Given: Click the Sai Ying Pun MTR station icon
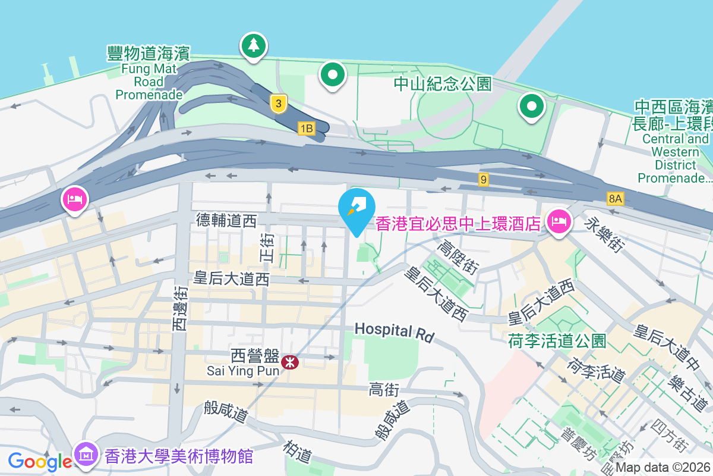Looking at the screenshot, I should pyautogui.click(x=290, y=362).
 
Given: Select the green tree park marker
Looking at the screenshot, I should pyautogui.click(x=254, y=45).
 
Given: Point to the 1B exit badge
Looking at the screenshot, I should pyautogui.click(x=307, y=128).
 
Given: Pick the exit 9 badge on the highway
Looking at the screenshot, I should pyautogui.click(x=484, y=178).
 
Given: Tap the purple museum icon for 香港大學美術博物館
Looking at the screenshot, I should pyautogui.click(x=86, y=455).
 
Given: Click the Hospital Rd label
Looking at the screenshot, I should pyautogui.click(x=394, y=331).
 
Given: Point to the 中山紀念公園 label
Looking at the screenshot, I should pyautogui.click(x=443, y=84).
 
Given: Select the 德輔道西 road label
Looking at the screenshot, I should pyautogui.click(x=226, y=221).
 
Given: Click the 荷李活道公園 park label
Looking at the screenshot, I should pyautogui.click(x=557, y=341).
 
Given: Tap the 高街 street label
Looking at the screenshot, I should pyautogui.click(x=383, y=390).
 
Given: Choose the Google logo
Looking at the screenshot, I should pyautogui.click(x=40, y=461).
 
